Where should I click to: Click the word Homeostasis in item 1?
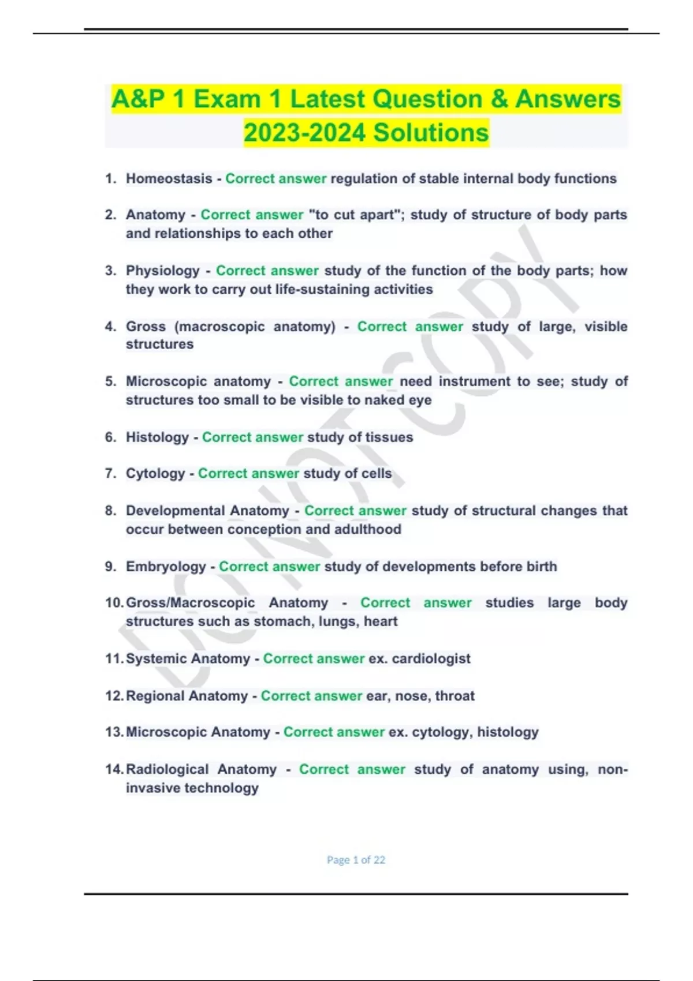coord(169,179)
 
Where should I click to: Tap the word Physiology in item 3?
coord(162,271)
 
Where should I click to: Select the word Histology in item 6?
coord(157,437)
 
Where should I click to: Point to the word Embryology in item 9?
coord(166,567)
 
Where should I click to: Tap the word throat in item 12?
coord(455,696)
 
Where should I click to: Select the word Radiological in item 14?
coord(167,769)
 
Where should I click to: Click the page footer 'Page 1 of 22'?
coord(356,860)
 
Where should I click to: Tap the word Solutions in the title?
coord(431,133)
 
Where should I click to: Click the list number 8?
coord(110,511)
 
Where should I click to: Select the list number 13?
coord(113,732)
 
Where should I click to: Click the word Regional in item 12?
coord(158,696)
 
